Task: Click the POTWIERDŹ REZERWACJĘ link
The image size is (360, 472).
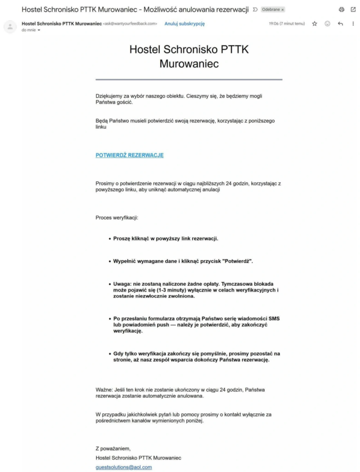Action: tap(129, 155)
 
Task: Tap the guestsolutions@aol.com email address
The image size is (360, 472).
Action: tap(124, 467)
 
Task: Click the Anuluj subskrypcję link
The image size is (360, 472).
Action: tap(185, 24)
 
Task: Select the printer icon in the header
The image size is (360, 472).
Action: tap(342, 9)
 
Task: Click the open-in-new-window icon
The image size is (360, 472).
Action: tap(353, 9)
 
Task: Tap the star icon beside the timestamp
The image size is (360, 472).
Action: tap(315, 24)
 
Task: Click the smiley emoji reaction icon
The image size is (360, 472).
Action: tap(327, 24)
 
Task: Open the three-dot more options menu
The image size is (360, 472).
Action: tap(353, 24)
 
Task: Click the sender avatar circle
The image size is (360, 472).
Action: tap(10, 26)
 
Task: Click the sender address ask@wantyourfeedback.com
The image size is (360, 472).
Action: tap(130, 24)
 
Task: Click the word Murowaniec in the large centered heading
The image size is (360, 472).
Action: tap(189, 64)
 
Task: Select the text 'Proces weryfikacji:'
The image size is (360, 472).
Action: tap(117, 218)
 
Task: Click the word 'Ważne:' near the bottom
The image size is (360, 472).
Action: tap(104, 390)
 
